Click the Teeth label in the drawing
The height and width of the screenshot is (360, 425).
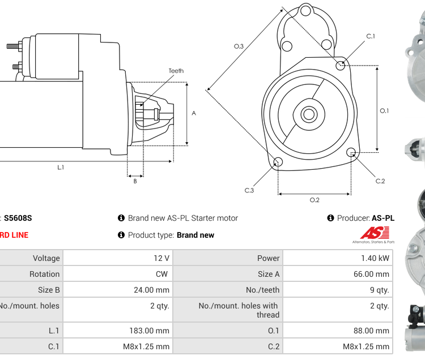coord(176,71)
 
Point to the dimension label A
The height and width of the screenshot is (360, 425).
coord(194,113)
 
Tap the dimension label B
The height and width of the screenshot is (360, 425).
coord(135,181)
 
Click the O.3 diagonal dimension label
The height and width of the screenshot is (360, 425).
coord(239,46)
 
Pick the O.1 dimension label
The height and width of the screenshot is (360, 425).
coord(384,110)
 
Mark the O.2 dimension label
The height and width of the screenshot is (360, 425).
coord(314,200)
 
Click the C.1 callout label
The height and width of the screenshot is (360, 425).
coord(371,36)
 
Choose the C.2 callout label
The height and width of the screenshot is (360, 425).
coord(380,181)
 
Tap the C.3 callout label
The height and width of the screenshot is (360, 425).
coord(249,190)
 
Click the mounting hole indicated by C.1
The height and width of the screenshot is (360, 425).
coord(341,66)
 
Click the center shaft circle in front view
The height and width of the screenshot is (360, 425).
coord(309,114)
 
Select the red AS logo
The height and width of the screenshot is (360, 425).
coord(375,233)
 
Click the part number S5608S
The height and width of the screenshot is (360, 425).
coord(18,218)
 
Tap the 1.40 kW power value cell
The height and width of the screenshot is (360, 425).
coord(338,258)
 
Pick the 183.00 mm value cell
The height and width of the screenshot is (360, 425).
coord(117,331)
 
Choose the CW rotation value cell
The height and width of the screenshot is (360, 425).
coord(117,274)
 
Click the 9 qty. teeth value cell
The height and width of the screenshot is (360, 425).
coord(338,290)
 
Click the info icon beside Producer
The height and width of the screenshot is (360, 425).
coord(330,218)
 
